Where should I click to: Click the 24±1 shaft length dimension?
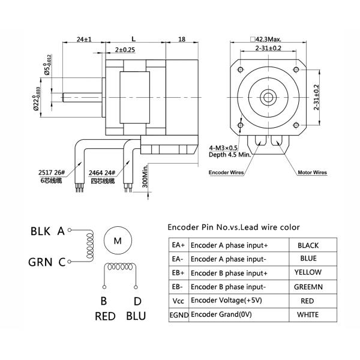[83, 39]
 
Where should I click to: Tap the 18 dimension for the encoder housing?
[182, 39]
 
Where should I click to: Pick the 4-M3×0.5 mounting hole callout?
[224, 147]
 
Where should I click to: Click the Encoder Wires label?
[226, 172]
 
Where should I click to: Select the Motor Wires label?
[312, 172]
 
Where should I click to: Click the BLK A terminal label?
[49, 230]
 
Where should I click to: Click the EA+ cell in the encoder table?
[178, 245]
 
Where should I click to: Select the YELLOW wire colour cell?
[308, 272]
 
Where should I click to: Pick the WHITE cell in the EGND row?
[308, 314]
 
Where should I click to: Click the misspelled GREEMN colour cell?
[308, 286]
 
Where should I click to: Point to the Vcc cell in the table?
[178, 300]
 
